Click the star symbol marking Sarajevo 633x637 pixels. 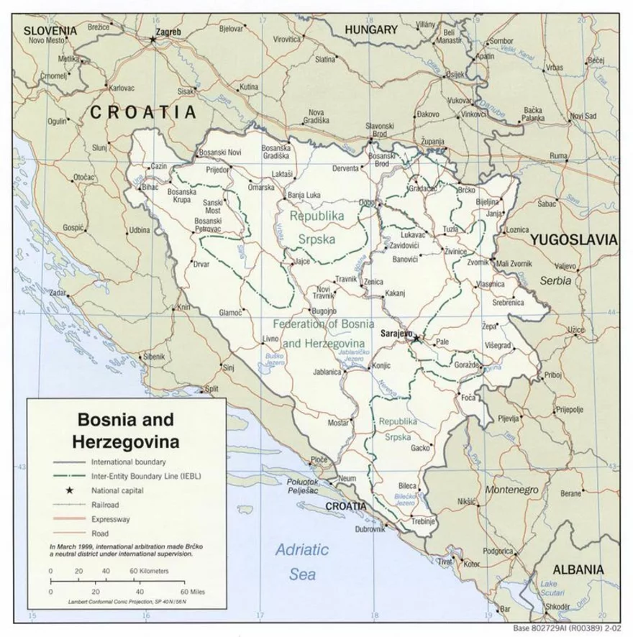416,337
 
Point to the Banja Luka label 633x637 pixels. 304,195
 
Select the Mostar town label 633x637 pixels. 338,423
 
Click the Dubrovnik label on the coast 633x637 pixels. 370,529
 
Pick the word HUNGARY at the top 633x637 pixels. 370,30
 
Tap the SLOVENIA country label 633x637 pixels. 50,30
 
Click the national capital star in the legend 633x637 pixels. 70,490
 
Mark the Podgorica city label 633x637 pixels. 498,551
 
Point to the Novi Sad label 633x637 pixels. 583,116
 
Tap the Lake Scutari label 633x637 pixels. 553,587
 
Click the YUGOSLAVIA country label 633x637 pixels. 574,239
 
